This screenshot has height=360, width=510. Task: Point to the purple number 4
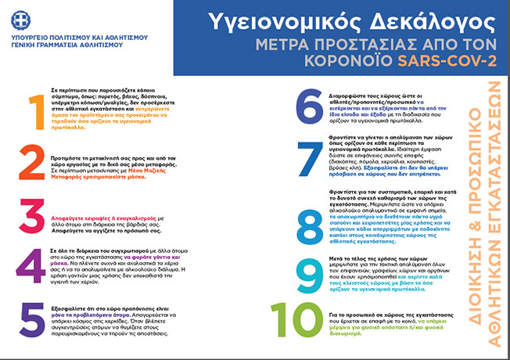[x=32, y=267]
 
